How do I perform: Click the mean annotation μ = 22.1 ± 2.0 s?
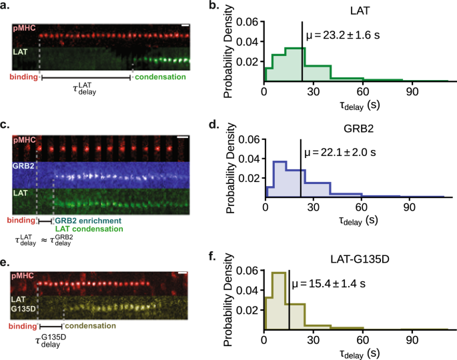tap(340, 153)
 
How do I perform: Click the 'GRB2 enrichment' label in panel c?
tap(87, 220)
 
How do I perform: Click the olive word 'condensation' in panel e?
tap(89, 327)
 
